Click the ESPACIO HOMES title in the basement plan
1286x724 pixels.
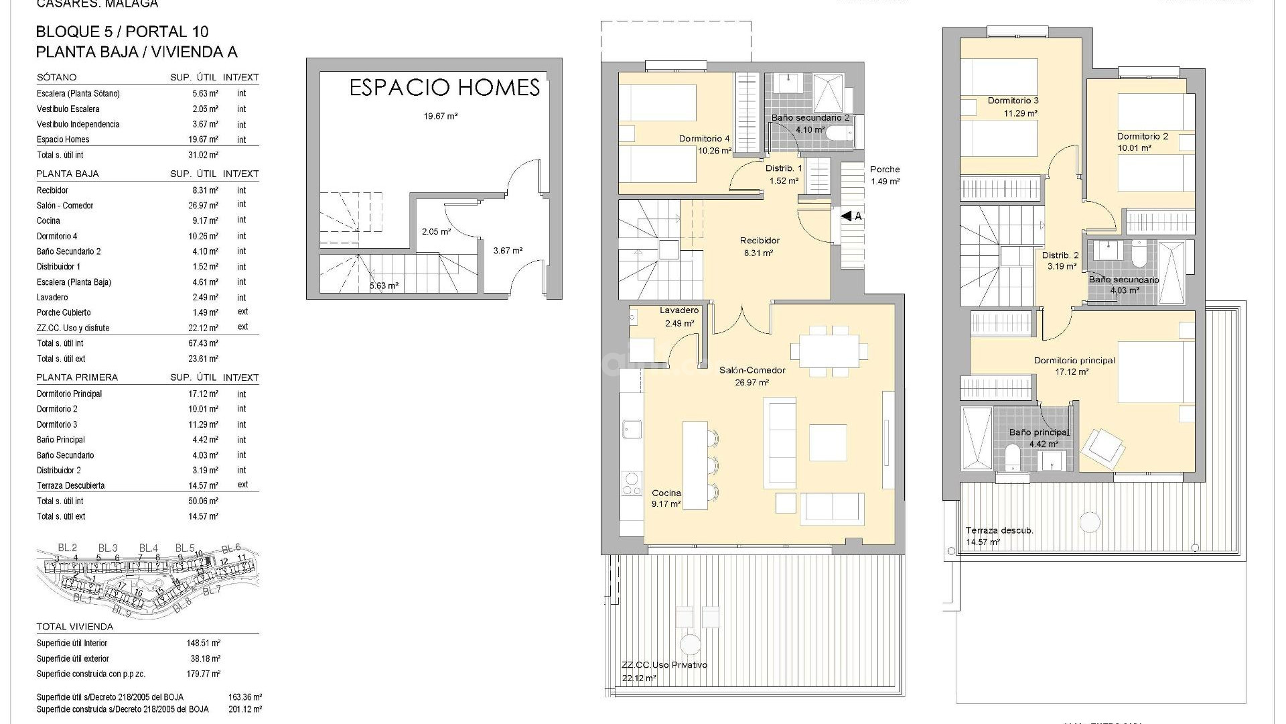(x=444, y=88)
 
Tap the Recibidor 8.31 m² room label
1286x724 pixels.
(x=759, y=247)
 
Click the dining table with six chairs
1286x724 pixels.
(x=829, y=351)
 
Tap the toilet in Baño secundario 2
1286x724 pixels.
(x=839, y=135)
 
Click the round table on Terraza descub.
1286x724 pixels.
(x=1090, y=522)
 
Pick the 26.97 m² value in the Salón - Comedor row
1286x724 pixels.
(x=204, y=205)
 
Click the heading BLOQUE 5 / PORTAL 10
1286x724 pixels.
(x=122, y=32)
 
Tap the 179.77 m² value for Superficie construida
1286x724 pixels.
(x=203, y=674)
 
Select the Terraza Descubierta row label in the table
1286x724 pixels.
(x=70, y=485)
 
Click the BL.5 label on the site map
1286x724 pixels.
(x=185, y=548)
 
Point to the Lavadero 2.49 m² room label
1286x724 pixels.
(x=679, y=316)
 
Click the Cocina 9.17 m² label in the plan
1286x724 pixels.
(x=666, y=498)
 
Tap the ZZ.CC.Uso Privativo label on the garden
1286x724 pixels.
(x=664, y=665)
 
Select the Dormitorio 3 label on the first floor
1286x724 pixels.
(x=1013, y=107)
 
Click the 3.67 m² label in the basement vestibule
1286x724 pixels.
(x=508, y=251)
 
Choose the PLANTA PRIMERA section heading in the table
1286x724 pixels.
(x=77, y=377)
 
